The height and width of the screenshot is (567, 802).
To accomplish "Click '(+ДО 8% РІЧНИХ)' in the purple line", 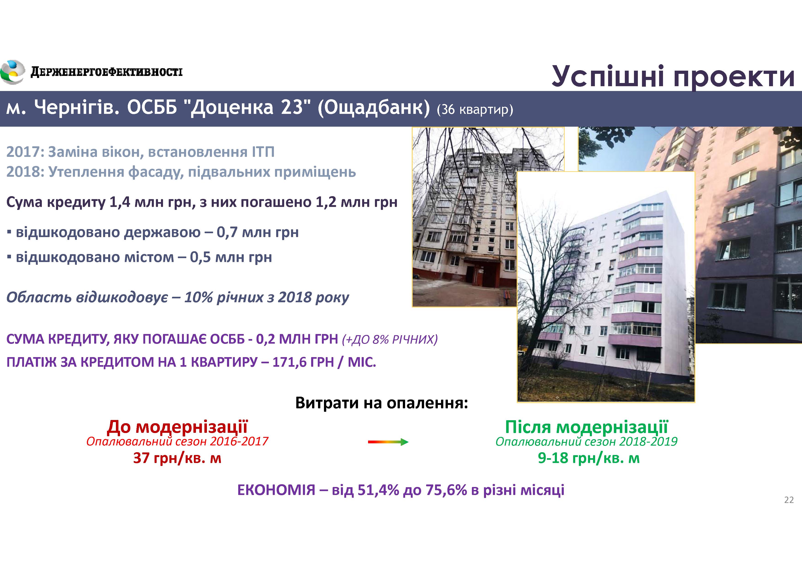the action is point(390,340).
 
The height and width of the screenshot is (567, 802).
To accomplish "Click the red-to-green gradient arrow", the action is point(388,442).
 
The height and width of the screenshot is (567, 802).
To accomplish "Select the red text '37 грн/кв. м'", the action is point(177,458).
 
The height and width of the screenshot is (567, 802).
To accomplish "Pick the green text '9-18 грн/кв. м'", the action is point(588,458).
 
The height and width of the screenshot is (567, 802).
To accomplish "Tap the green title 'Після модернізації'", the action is point(586,427).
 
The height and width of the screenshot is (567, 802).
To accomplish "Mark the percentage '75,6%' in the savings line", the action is point(446,490).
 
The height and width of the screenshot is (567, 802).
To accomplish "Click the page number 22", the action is point(789,500).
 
